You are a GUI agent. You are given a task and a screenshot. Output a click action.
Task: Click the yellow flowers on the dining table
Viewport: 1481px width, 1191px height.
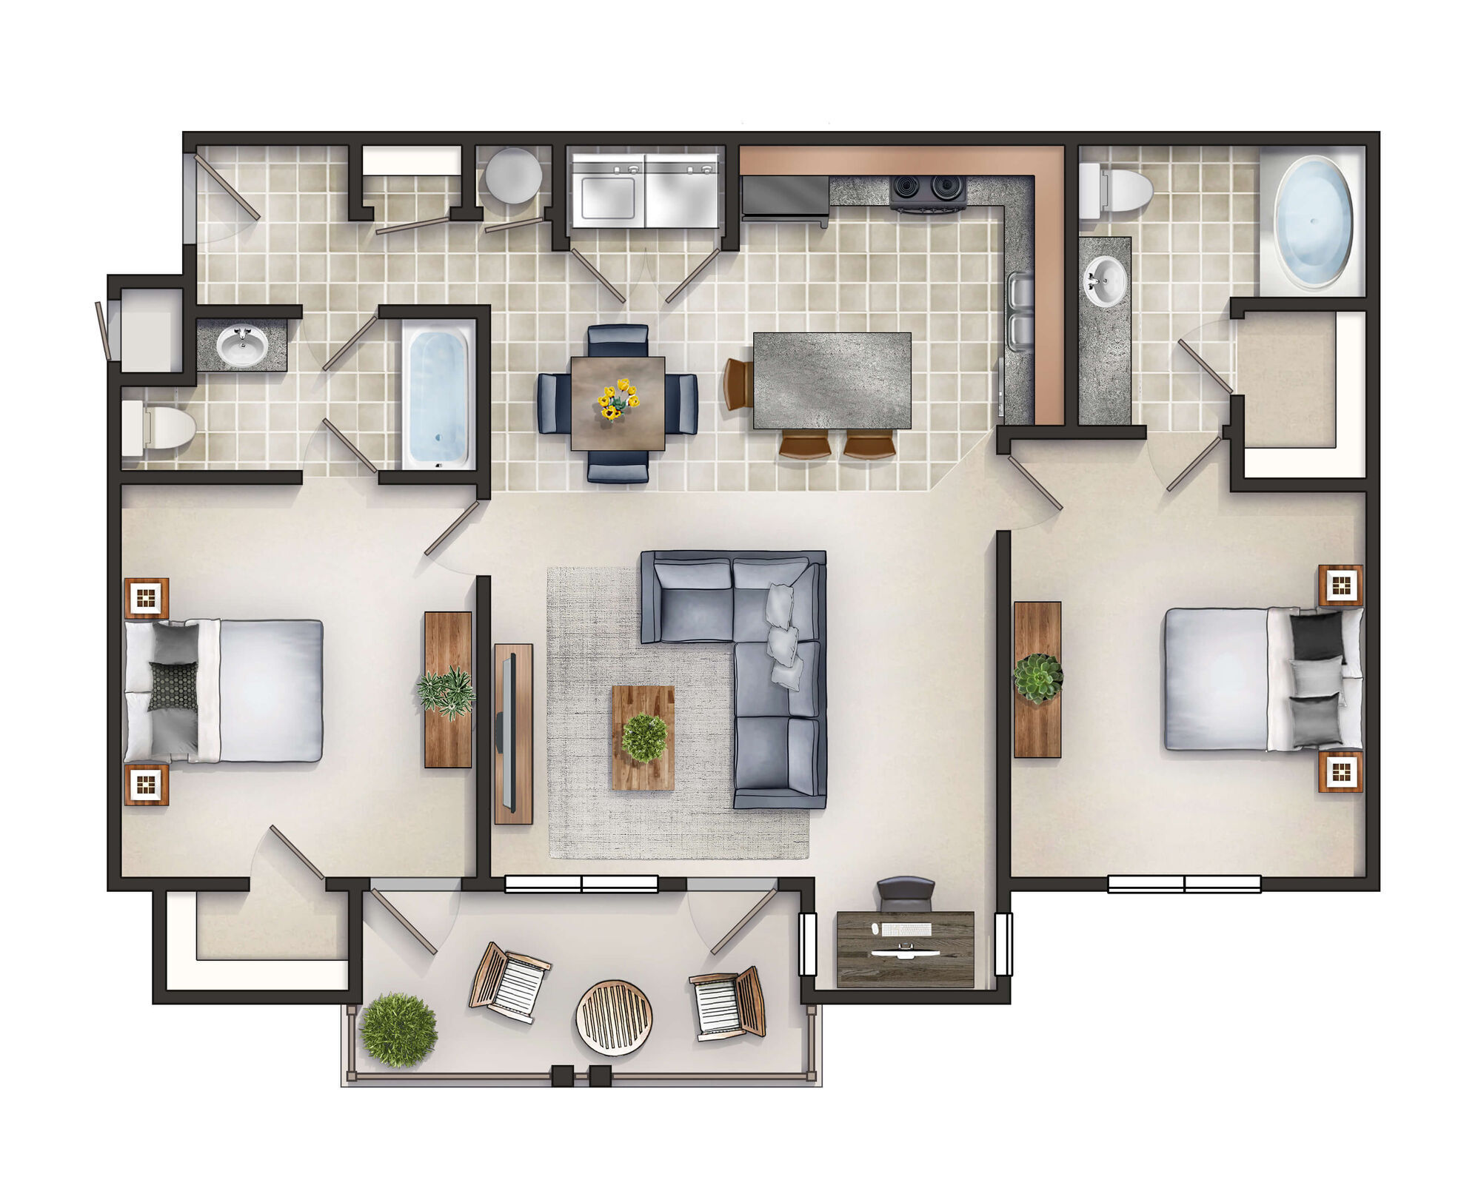(617, 399)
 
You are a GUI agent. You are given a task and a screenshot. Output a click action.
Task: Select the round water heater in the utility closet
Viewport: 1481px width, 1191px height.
(512, 176)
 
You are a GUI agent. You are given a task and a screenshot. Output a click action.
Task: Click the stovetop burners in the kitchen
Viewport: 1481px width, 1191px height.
(929, 189)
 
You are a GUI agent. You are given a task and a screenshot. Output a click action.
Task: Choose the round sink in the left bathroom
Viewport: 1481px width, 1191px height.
(241, 345)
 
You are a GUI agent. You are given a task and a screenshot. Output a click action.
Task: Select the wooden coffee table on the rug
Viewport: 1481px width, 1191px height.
(643, 737)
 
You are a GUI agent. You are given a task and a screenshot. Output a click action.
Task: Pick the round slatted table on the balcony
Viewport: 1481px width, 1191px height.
(614, 1017)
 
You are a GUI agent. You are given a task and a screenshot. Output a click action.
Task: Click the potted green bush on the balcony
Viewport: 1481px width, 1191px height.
(398, 1030)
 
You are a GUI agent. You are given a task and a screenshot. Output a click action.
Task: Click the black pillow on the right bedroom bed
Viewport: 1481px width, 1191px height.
(1316, 635)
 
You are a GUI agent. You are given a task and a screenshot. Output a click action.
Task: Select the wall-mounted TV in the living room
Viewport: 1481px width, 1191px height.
(509, 733)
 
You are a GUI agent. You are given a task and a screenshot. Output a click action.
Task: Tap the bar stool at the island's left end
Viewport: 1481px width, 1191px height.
(738, 383)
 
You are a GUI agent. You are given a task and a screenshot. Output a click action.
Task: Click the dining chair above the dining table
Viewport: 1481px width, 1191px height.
(618, 340)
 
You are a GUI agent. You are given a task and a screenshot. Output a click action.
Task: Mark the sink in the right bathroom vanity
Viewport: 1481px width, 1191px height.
(1105, 281)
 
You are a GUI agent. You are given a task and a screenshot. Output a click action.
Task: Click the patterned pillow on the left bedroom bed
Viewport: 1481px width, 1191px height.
(173, 686)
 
